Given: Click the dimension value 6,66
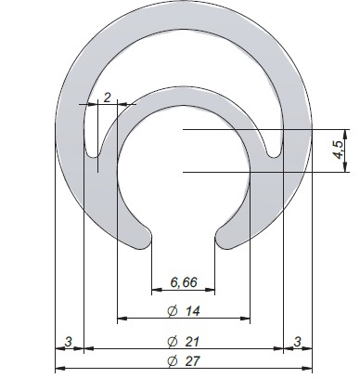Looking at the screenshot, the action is [184, 282].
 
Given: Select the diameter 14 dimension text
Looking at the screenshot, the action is [184, 311].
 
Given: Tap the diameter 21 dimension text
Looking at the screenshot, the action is [184, 342].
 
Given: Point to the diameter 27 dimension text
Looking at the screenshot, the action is [184, 361].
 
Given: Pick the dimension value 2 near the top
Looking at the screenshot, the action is [107, 98].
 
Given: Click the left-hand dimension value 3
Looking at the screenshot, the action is [68, 342].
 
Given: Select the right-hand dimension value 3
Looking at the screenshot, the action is [297, 342].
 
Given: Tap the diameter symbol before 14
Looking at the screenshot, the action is [173, 311].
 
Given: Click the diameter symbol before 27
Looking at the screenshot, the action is [173, 361].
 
